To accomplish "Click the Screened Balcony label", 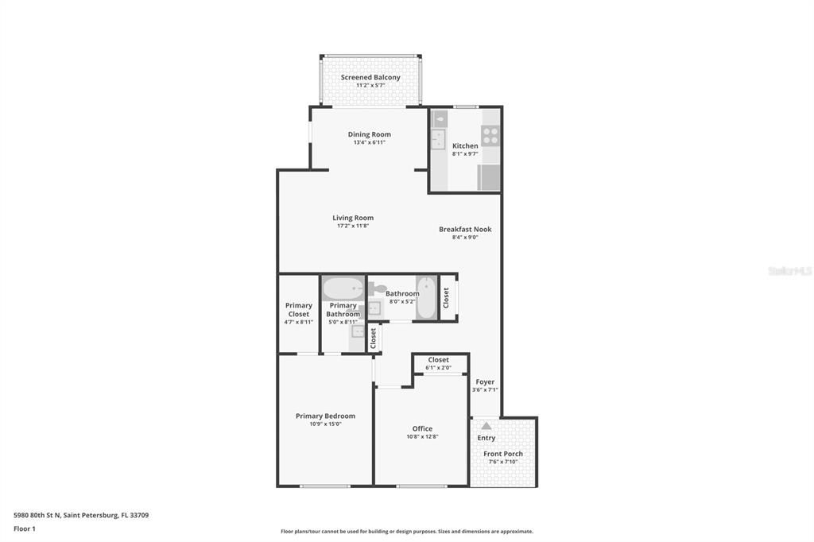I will [x=370, y=77].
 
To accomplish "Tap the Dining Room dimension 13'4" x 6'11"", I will [x=370, y=142].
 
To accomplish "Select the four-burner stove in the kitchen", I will [x=490, y=135].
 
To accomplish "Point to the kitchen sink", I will [x=438, y=140].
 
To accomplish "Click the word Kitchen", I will [x=465, y=145].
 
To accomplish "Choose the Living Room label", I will [x=353, y=218].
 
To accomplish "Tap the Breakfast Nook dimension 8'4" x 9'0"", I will [x=465, y=237].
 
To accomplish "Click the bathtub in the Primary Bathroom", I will [x=343, y=287].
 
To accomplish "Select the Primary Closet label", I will [x=299, y=309].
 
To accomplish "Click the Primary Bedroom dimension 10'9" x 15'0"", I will [x=325, y=424].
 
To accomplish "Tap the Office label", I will [x=422, y=428].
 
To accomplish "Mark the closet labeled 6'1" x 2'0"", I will [x=438, y=363].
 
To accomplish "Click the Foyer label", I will [x=485, y=382].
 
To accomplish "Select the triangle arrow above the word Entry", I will [x=486, y=426].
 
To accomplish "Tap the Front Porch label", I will [x=503, y=454].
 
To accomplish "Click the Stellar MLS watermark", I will [x=789, y=271].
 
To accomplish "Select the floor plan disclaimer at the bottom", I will [x=406, y=531].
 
